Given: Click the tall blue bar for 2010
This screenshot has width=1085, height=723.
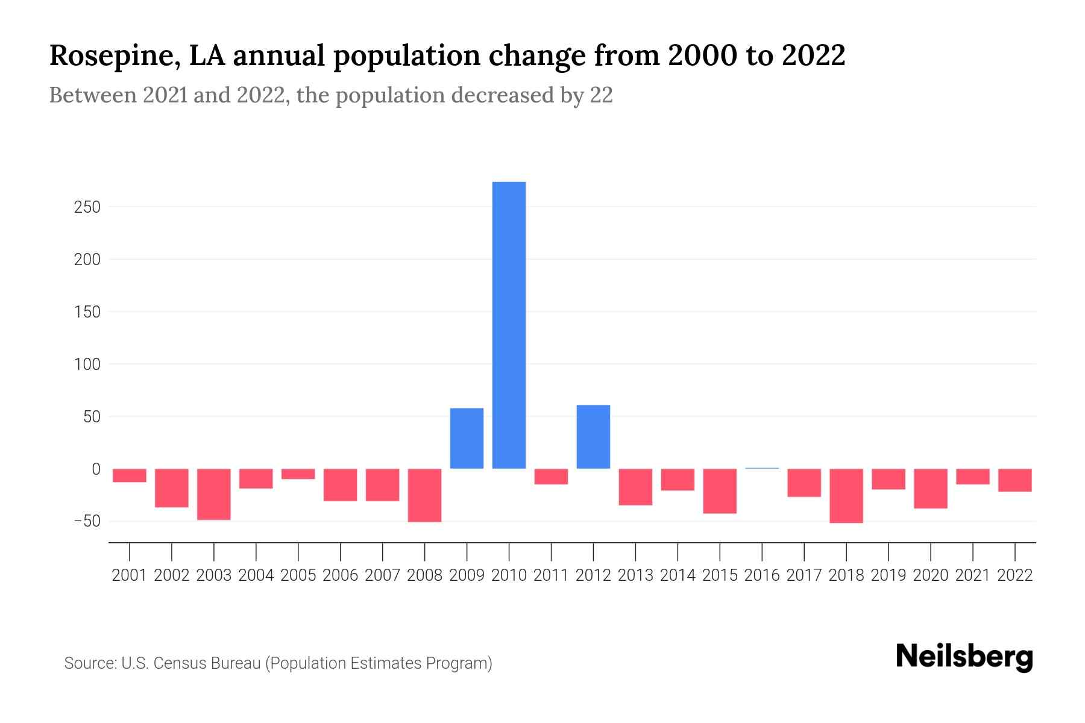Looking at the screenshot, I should [x=509, y=325].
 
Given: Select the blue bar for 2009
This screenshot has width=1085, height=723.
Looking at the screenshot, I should [x=467, y=438].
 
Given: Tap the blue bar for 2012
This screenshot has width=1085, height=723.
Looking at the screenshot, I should [x=593, y=437].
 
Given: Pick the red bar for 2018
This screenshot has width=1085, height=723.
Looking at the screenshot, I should [x=846, y=495].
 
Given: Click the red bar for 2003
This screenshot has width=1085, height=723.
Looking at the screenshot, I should [x=214, y=494].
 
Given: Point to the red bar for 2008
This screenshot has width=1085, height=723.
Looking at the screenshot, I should [x=424, y=495].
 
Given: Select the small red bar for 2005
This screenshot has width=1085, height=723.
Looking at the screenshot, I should [x=298, y=474].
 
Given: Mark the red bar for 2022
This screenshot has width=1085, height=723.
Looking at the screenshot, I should [x=1015, y=480].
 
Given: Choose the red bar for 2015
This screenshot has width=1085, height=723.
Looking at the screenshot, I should [x=720, y=491].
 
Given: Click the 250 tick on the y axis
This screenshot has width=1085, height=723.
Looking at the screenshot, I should [x=87, y=207].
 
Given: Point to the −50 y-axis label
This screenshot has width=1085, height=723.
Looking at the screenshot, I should [x=86, y=521].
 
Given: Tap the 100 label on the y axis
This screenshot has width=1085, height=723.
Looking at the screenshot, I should [x=87, y=365].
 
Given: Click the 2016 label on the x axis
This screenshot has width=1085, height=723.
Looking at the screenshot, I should [x=762, y=575].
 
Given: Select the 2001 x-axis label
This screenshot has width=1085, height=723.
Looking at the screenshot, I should [x=130, y=575].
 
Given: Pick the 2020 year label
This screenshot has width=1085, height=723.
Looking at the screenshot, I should [x=931, y=575].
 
